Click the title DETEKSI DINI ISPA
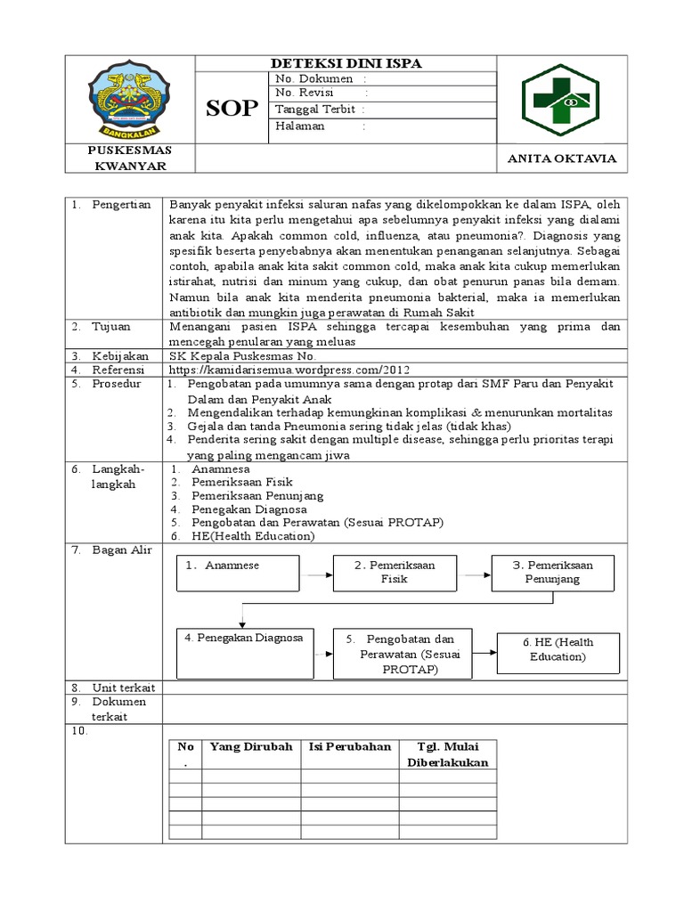346,63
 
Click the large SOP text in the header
232,109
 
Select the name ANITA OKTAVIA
561,159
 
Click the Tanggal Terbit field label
315,110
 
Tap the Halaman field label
300,126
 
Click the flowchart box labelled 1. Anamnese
238,573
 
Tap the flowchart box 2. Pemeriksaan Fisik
395,573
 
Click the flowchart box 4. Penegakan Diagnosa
244,654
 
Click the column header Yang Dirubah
250,746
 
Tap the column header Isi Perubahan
349,746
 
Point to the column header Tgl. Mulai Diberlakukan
448,754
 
